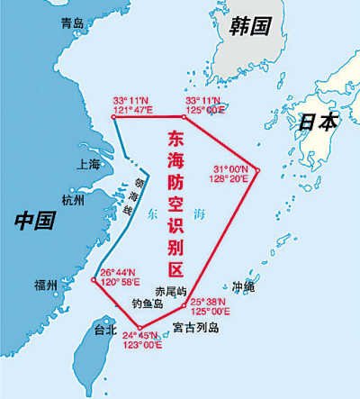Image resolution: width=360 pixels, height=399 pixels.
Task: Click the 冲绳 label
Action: pyautogui.click(x=244, y=287)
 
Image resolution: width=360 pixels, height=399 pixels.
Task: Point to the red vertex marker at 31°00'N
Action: pyautogui.click(x=257, y=169)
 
